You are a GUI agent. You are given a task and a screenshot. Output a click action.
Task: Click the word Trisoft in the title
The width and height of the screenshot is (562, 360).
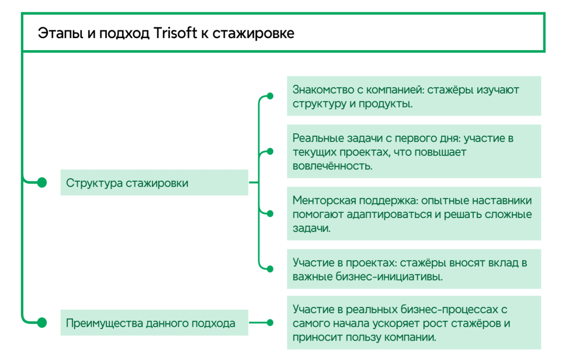175,33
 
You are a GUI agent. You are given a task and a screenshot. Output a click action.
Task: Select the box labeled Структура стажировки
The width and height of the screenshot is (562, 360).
154,182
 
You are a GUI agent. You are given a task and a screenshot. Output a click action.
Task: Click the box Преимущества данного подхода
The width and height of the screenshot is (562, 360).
154,323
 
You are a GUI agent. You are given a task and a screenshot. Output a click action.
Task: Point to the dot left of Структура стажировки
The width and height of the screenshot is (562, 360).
42,182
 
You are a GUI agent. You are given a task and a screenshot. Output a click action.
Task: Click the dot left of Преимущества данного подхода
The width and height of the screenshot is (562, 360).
42,323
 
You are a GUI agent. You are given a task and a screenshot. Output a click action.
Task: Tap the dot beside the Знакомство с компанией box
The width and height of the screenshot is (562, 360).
270,96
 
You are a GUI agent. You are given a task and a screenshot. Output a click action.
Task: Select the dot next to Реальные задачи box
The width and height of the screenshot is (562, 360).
270,151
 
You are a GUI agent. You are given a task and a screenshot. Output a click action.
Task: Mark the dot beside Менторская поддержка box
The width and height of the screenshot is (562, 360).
270,214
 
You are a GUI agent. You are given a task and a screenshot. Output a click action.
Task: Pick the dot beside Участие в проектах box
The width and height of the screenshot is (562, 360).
270,269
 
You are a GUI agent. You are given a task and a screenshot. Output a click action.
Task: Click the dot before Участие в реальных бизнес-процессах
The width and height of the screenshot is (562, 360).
270,323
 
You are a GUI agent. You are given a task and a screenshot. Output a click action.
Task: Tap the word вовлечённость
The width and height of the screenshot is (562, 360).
332,166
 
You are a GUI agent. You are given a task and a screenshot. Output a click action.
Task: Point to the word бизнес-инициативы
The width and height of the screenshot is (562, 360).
389,277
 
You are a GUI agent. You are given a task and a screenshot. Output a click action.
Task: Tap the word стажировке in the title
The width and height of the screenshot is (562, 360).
254,33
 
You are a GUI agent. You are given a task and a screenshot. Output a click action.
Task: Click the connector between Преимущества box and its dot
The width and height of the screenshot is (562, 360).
258,323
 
